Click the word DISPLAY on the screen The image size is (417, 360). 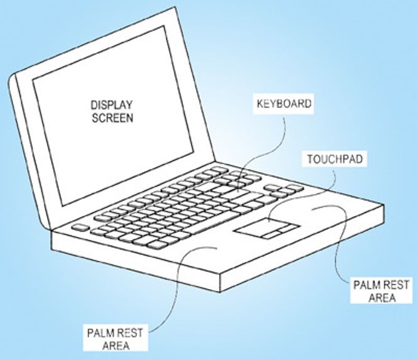tap(111, 105)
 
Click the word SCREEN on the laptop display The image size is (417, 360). tap(112, 118)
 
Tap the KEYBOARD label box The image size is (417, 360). tap(283, 104)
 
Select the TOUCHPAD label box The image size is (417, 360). tap(335, 159)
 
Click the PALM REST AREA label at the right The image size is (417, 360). tap(381, 290)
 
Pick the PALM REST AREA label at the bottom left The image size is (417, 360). tap(115, 339)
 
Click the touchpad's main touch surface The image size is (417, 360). tap(262, 225)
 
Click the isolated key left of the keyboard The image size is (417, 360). tap(80, 227)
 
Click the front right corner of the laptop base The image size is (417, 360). tap(220, 292)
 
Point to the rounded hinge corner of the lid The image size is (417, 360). tap(11, 78)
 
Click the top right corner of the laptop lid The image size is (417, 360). tap(175, 7)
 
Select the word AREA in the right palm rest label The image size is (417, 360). tap(382, 297)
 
